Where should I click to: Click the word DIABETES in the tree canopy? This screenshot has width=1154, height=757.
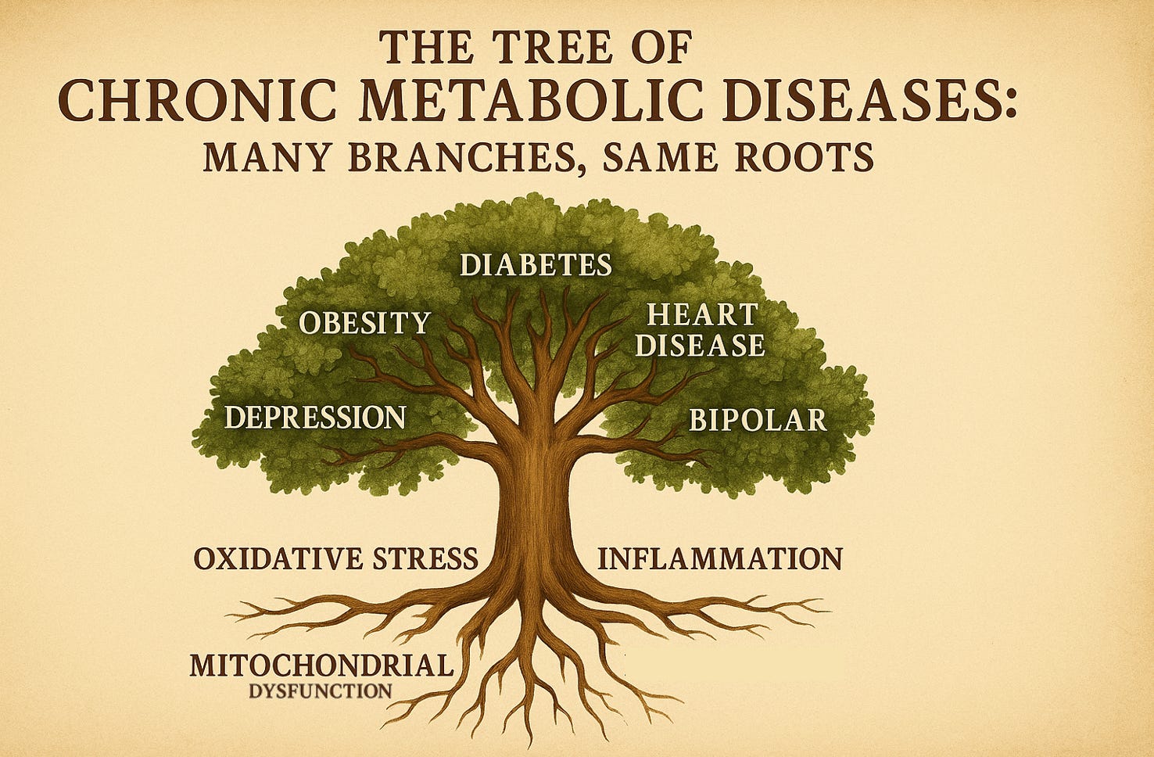tap(536, 265)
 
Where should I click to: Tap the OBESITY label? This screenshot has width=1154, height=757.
tap(365, 322)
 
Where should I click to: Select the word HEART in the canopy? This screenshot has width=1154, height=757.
tap(702, 315)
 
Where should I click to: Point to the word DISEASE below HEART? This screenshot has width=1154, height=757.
tap(700, 345)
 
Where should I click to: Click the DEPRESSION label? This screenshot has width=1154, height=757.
tap(315, 417)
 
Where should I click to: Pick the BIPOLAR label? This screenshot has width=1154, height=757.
tap(757, 420)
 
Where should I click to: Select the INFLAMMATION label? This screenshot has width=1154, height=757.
tap(719, 559)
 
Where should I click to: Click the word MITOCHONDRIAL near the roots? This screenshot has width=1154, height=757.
tap(321, 666)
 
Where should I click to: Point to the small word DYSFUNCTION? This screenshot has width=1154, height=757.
tap(321, 691)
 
